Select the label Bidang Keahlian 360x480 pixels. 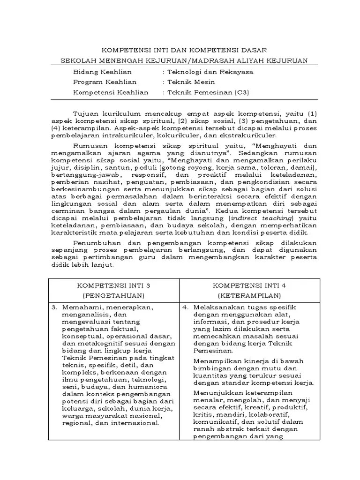pyautogui.click(x=102, y=72)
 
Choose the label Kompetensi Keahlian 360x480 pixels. pyautogui.click(x=111, y=92)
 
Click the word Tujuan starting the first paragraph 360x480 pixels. pyautogui.click(x=87, y=113)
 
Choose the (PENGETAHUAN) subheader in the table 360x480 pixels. pyautogui.click(x=113, y=296)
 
